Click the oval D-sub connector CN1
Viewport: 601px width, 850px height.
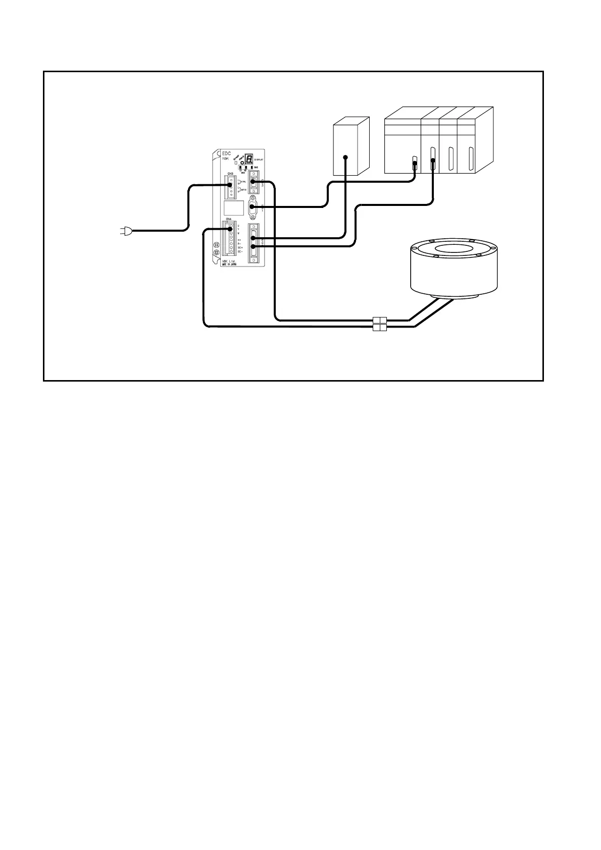click(253, 207)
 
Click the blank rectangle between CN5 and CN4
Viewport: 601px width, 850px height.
click(234, 207)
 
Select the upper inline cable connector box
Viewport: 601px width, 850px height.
click(379, 320)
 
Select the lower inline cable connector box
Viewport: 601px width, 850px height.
click(379, 328)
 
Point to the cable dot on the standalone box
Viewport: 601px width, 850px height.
click(345, 157)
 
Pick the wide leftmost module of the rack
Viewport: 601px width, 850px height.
click(403, 146)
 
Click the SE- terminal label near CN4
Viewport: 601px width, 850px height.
click(240, 251)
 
